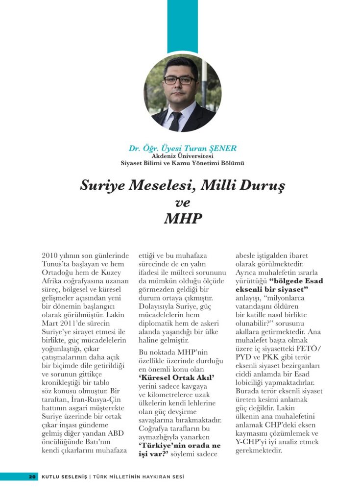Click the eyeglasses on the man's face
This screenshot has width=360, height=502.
tap(180, 80)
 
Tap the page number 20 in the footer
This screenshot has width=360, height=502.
tap(33, 477)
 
